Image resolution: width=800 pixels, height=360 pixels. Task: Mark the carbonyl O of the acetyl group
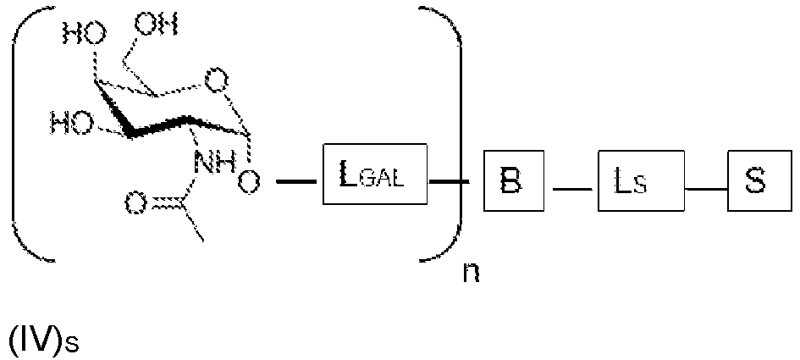(x=136, y=202)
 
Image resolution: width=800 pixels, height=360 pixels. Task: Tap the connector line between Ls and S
(x=705, y=188)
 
